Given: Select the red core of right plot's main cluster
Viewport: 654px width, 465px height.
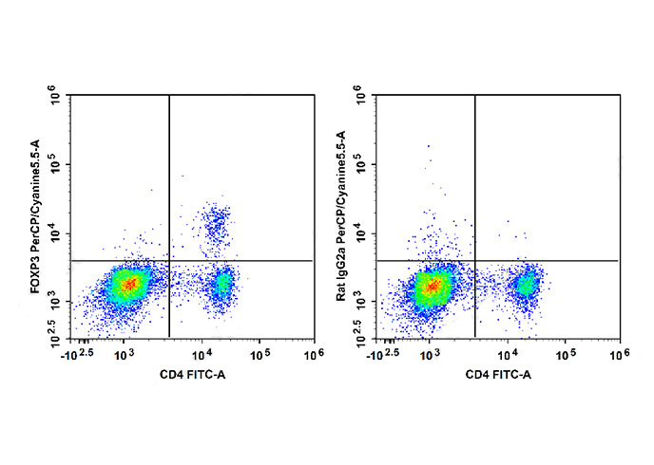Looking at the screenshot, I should pos(433,284).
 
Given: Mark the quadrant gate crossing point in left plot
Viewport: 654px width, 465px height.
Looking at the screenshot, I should pos(169,260).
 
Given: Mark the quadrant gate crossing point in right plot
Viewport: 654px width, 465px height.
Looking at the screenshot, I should pos(473,260).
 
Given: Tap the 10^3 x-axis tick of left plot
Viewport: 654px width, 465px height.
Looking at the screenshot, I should pos(125,354).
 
